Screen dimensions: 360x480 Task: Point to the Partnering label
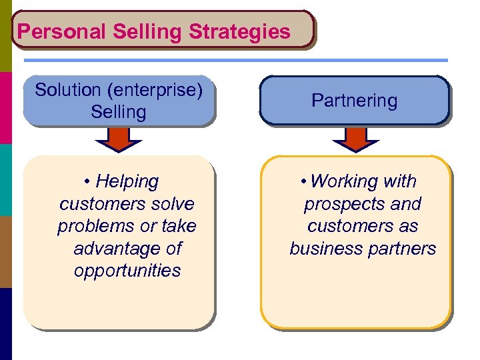[x=354, y=101]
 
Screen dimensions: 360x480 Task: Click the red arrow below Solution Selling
[x=118, y=139]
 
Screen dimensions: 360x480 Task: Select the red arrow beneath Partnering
[x=355, y=139]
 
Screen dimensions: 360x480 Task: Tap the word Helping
[x=127, y=181]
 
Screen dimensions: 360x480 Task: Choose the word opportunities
[x=127, y=271]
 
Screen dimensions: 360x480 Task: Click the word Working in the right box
[x=363, y=181]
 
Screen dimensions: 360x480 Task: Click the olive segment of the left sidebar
[x=5, y=36]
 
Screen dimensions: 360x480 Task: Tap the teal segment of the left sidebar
[x=5, y=180]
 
